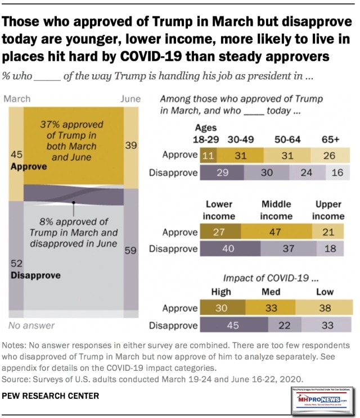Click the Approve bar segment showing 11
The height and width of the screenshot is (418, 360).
pyautogui.click(x=207, y=155)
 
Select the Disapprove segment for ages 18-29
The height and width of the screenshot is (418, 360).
pyautogui.click(x=222, y=172)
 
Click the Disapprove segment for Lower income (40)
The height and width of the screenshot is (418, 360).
pyautogui.click(x=228, y=249)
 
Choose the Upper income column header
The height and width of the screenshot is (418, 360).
pyautogui.click(x=328, y=210)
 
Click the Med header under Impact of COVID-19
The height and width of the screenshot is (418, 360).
pyautogui.click(x=271, y=292)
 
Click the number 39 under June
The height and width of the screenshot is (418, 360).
pyautogui.click(x=130, y=145)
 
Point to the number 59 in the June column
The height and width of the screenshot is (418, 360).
pyautogui.click(x=130, y=251)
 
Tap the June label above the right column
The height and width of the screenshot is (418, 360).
pyautogui.click(x=130, y=98)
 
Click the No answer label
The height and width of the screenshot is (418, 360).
pyautogui.click(x=31, y=325)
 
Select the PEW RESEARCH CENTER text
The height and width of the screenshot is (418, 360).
pyautogui.click(x=51, y=396)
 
